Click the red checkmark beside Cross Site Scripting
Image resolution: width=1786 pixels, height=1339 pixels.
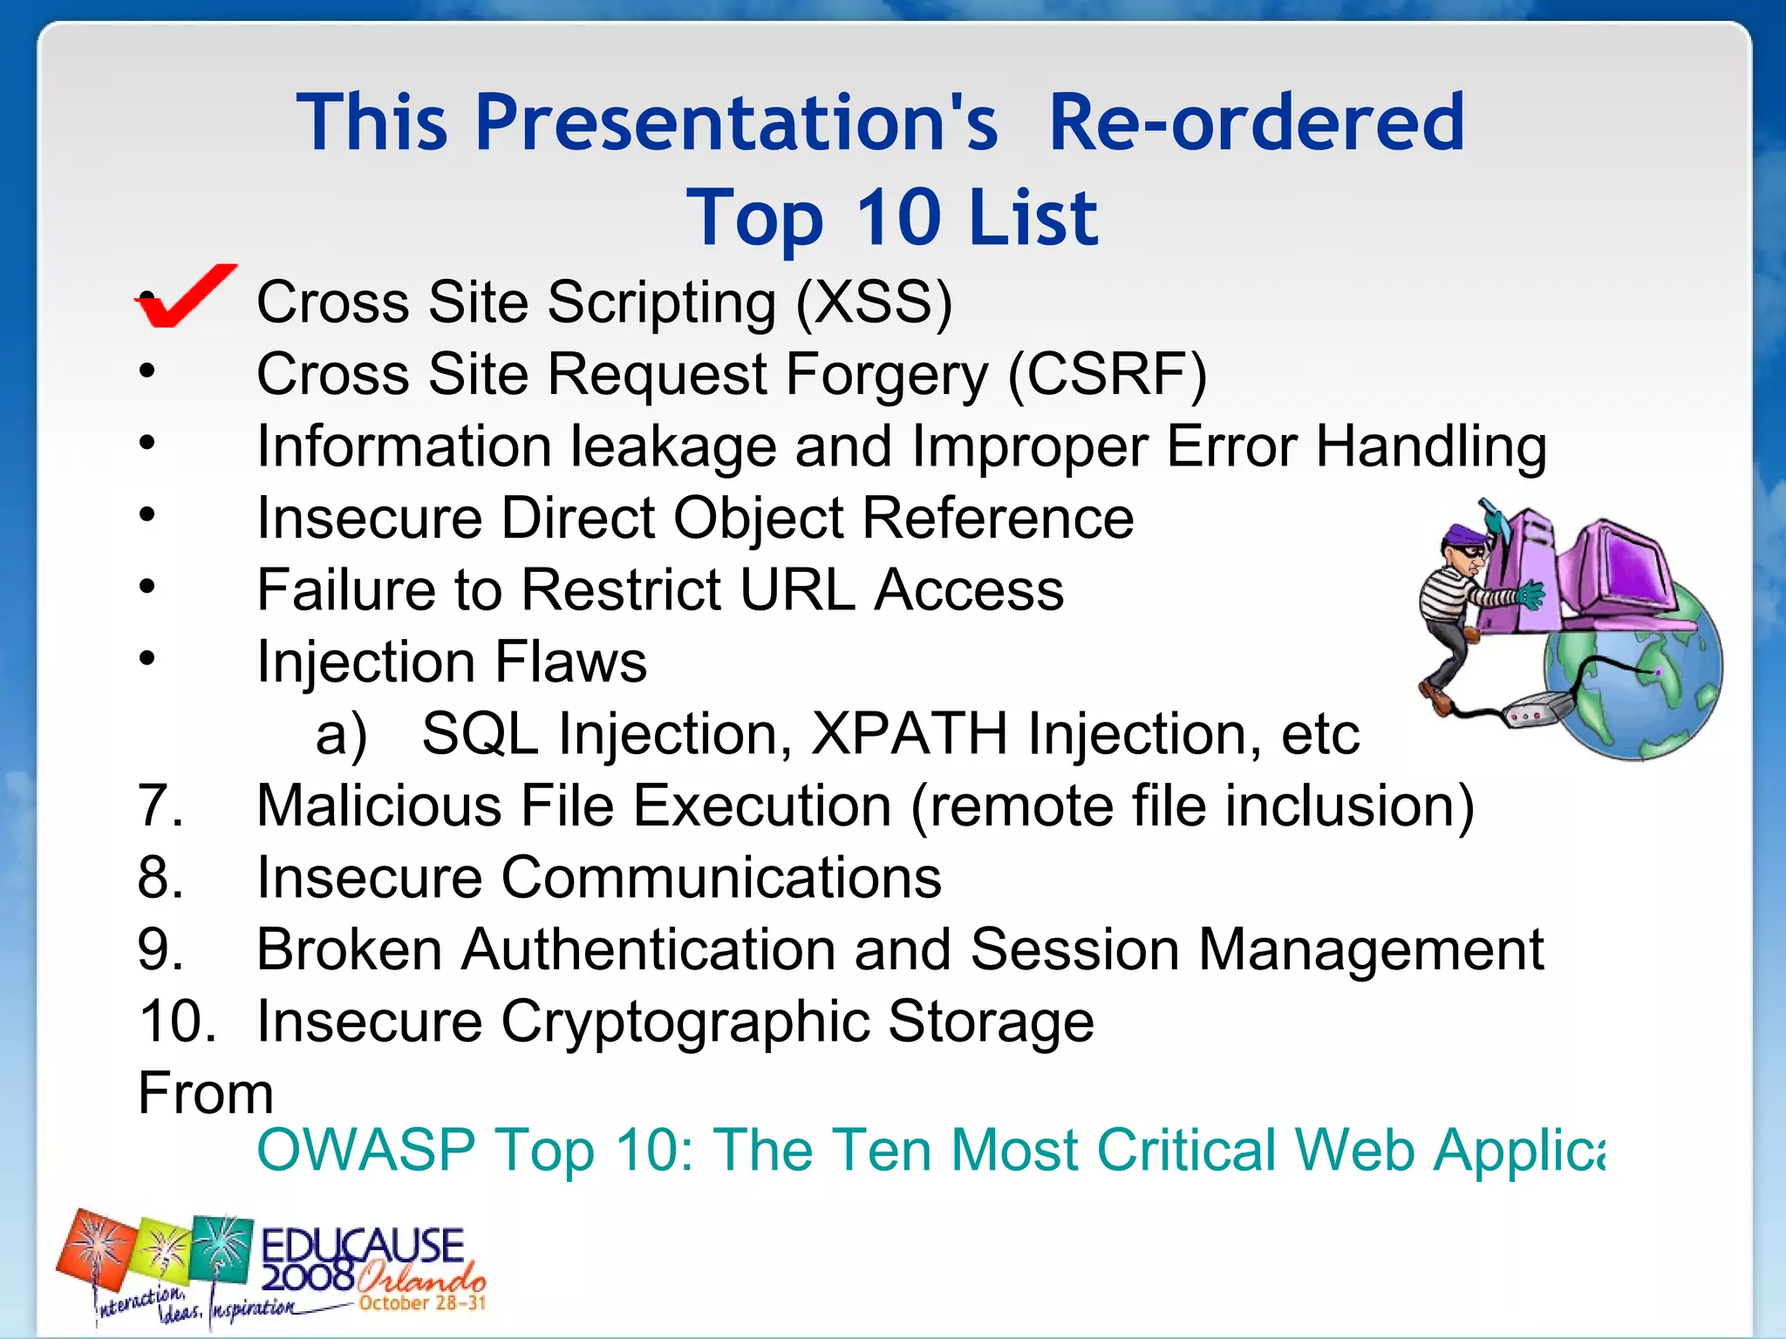pos(185,296)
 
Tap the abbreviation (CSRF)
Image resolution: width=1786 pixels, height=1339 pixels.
pos(1107,375)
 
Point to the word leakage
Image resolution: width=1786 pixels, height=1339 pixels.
pos(672,447)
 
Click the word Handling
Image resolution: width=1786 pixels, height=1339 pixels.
pos(1430,447)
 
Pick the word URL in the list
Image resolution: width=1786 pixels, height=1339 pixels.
pos(794,590)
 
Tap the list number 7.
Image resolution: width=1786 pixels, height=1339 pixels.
pos(160,805)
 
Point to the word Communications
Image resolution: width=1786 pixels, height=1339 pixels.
pos(721,877)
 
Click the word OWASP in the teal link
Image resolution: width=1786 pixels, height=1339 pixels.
pos(366,1150)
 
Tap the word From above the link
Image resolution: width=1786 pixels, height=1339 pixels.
pos(206,1093)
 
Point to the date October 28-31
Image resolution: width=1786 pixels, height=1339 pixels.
pos(422,1303)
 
